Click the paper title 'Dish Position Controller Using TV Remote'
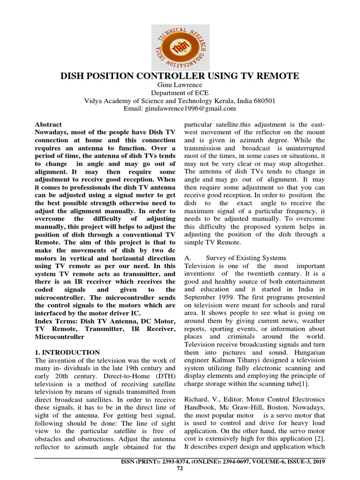tap(180, 76)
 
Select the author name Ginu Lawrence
tap(180, 85)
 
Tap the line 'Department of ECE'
tap(180, 93)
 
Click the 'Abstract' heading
tap(48, 125)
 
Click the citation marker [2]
tap(319, 439)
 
